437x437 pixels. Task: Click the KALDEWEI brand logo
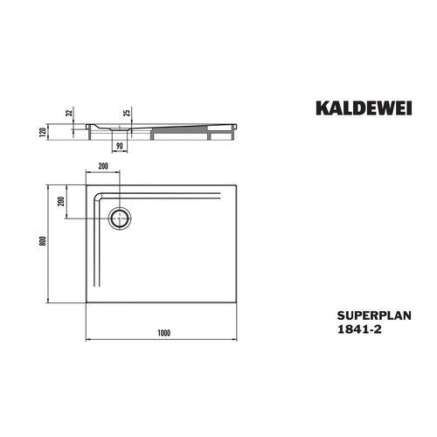click(364, 108)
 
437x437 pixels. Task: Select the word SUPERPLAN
click(374, 316)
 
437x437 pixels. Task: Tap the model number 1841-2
click(359, 329)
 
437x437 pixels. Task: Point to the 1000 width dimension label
click(163, 333)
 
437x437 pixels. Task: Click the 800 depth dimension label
click(43, 240)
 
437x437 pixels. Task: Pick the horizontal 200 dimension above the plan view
click(103, 166)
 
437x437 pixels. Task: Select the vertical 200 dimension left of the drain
click(61, 202)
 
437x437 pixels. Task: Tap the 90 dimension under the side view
click(120, 146)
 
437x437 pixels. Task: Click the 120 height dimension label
click(43, 132)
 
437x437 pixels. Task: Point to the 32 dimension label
click(69, 113)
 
